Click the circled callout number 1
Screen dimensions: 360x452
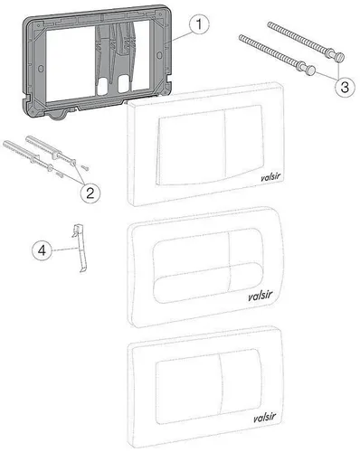199,24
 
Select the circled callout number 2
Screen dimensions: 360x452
90,193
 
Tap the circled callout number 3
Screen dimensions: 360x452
345,87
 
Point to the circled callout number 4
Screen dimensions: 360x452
43,250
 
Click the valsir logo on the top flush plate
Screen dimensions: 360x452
270,177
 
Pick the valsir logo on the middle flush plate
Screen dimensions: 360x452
261,296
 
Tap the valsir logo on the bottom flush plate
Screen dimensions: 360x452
265,418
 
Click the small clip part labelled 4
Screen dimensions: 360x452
79,248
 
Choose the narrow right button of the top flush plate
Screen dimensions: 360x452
244,141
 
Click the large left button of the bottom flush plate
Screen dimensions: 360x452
188,389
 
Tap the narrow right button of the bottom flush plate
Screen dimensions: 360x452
241,381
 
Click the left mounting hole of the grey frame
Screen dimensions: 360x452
41,69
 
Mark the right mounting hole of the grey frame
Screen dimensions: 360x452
159,55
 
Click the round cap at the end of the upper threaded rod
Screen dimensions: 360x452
340,57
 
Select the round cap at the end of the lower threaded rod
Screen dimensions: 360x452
311,71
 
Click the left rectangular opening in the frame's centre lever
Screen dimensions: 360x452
103,85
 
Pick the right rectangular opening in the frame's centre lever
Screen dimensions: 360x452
123,83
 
